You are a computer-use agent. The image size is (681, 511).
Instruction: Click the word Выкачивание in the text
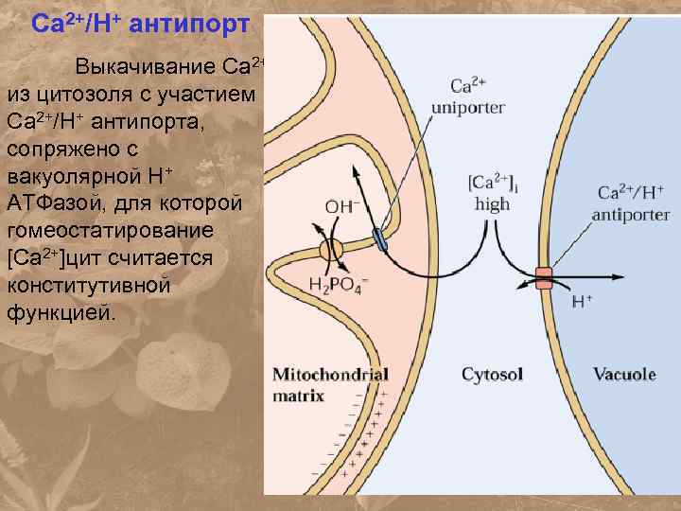tap(146, 69)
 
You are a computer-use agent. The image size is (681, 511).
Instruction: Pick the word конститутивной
tap(90, 285)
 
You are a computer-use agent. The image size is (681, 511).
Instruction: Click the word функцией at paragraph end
tap(62, 312)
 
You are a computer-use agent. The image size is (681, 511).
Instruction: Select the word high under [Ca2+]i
tap(492, 203)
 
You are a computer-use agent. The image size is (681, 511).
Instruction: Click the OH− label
tap(343, 205)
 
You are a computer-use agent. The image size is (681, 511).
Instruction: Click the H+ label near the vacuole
tap(583, 303)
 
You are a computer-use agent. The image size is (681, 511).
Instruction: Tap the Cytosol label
tap(492, 375)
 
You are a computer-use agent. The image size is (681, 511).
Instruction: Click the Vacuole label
tap(624, 375)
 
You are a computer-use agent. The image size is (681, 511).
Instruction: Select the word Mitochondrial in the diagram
tap(329, 374)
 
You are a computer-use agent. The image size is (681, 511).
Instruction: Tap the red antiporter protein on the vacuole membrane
tap(544, 278)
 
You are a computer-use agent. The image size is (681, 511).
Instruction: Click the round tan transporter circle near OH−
tap(331, 251)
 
